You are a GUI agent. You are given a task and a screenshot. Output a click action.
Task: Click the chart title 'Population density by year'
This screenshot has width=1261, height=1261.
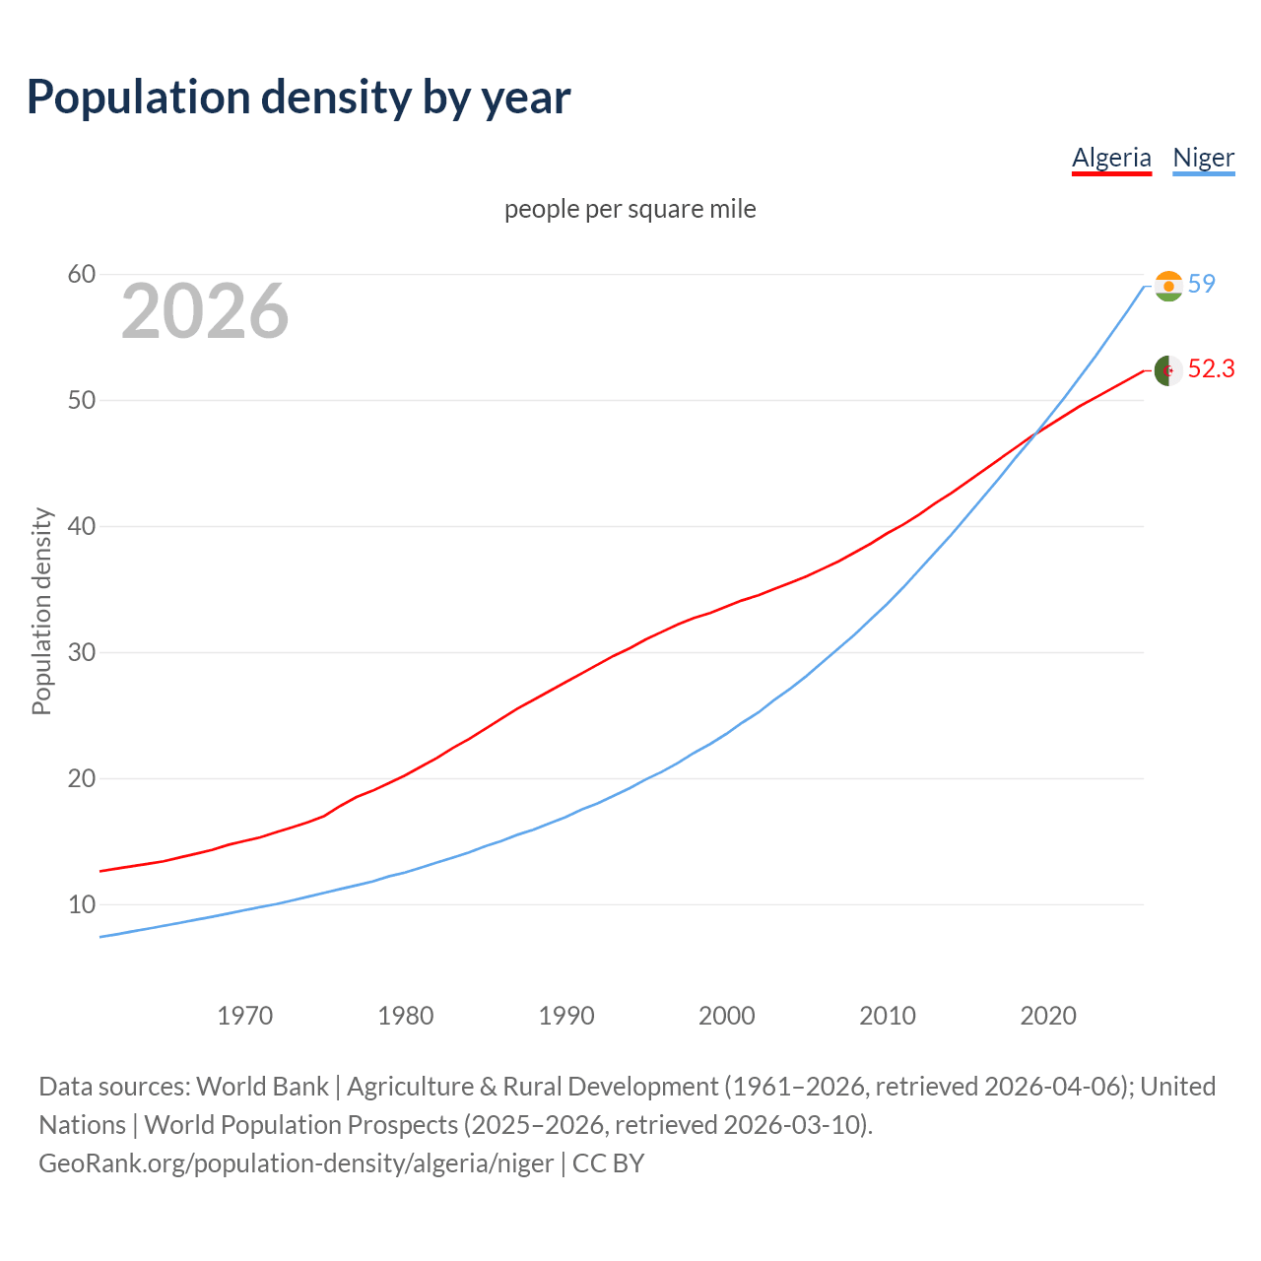coord(299,98)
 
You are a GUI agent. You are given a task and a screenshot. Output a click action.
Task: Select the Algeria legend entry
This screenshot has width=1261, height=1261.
coord(1111,158)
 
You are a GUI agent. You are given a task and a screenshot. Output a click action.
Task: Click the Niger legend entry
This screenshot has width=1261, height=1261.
coord(1203,158)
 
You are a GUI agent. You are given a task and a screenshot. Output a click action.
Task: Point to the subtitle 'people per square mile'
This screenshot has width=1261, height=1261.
coord(630,209)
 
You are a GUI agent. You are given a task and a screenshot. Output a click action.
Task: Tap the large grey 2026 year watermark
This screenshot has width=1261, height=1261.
coord(205,311)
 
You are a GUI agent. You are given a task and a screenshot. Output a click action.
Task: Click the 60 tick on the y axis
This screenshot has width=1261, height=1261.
coord(82,274)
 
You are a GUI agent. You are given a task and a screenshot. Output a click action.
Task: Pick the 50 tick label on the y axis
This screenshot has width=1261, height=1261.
coord(82,400)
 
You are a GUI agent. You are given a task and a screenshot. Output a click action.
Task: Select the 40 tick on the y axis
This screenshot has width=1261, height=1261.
coord(82,526)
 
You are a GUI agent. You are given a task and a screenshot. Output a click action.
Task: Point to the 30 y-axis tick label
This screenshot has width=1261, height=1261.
coord(82,652)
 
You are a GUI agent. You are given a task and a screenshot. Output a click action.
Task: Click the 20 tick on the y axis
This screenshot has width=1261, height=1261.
coord(82,778)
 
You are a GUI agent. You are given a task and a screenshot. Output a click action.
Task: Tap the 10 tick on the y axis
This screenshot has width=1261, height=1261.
coord(82,904)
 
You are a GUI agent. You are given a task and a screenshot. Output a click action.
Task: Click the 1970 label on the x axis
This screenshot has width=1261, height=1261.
coord(245,1016)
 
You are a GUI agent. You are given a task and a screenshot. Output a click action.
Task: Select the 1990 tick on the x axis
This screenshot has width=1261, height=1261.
coord(566,1016)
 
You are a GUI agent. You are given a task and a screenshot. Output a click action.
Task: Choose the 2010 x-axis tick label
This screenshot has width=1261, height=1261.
coord(888,1016)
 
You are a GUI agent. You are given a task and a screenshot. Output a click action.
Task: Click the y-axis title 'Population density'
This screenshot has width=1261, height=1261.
coord(41,611)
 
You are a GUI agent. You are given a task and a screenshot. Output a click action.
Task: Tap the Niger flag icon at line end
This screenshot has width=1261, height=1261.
coord(1168,287)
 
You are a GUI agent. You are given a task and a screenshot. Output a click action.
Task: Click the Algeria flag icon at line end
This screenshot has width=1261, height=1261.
coord(1168,370)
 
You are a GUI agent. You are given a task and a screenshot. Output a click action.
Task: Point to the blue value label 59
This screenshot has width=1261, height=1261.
coord(1202,284)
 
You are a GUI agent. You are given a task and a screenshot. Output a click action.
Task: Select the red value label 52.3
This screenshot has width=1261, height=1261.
coord(1211,368)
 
